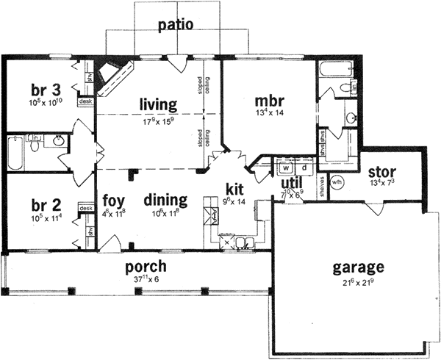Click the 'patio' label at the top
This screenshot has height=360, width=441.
(x=176, y=25)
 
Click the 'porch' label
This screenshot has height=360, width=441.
(x=144, y=266)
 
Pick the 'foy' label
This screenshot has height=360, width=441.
(x=114, y=200)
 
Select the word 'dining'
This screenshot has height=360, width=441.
(x=165, y=200)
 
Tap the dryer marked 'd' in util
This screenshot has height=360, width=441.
(x=304, y=167)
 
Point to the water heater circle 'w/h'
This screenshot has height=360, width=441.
(x=337, y=182)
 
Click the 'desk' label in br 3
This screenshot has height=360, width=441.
(x=85, y=101)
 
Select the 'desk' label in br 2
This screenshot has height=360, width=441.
(x=85, y=209)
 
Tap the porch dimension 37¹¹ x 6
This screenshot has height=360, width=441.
(x=144, y=279)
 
